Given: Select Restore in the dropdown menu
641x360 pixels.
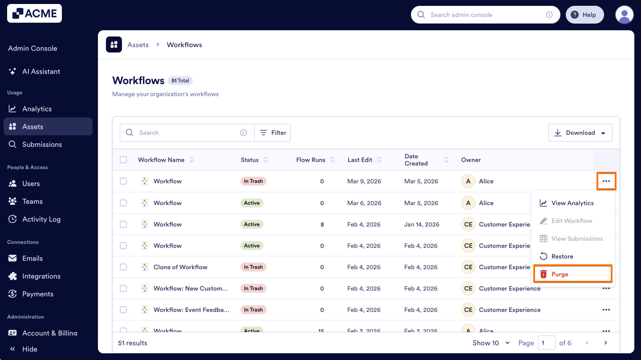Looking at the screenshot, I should point(562,256).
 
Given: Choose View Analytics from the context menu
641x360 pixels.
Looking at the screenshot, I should point(572,203).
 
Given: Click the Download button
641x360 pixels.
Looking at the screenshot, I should point(580,133).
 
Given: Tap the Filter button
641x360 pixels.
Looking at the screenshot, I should point(272,133).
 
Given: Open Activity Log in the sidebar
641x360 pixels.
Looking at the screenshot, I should point(41,219).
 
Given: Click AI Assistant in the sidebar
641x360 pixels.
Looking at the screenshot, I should point(41,71).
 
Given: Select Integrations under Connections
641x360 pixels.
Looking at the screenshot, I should point(41,276).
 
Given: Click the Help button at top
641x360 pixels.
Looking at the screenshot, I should point(584,15).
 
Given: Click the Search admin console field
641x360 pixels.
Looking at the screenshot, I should point(485,15).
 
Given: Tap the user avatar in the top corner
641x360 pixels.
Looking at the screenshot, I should point(624,15).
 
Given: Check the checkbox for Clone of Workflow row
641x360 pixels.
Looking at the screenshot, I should point(123,267).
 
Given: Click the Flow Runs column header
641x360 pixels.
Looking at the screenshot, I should point(311,160).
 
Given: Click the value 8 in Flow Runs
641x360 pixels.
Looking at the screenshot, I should point(322,224).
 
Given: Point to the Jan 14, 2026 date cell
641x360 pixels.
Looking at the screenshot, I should point(422,224).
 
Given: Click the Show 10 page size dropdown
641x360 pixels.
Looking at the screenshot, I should point(491,343).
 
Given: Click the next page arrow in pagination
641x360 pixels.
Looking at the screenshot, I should point(605,343).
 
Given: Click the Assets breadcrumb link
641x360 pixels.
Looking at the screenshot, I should point(138,44).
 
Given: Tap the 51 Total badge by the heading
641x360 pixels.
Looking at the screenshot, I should point(180,81).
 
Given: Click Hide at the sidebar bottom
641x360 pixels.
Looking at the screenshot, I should point(29,349).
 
